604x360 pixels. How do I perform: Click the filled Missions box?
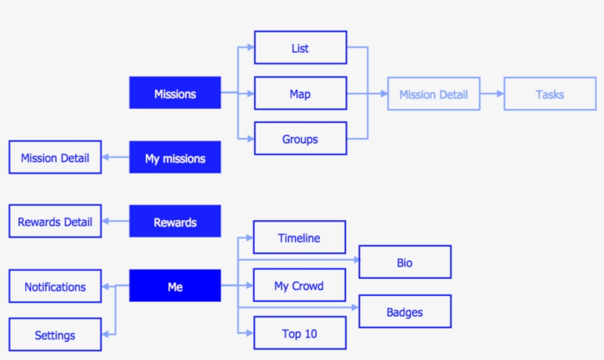[x=175, y=93]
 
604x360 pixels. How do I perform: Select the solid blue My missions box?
[x=175, y=158]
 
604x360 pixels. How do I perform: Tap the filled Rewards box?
[x=175, y=222]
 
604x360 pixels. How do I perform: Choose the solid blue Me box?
[x=175, y=286]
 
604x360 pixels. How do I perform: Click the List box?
[x=300, y=48]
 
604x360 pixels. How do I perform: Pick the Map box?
[x=300, y=93]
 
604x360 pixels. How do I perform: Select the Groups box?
[x=300, y=138]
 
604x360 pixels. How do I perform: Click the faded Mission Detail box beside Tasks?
[x=433, y=93]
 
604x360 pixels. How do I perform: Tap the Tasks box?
[x=549, y=93]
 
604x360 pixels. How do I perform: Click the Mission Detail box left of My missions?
[x=55, y=158]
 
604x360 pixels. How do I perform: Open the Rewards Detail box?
[x=55, y=222]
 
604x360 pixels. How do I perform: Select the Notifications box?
[x=55, y=286]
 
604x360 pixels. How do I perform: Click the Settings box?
[x=55, y=334]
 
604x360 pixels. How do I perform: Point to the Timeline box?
[x=299, y=238]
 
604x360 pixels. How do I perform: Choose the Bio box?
[x=404, y=262]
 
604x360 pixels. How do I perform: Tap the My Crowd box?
[x=299, y=286]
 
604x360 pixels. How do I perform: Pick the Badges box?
[x=404, y=311]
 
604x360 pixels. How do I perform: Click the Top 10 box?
[x=299, y=333]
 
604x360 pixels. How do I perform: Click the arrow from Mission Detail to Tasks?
[x=492, y=93]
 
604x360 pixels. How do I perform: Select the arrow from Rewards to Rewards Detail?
[x=116, y=222]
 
